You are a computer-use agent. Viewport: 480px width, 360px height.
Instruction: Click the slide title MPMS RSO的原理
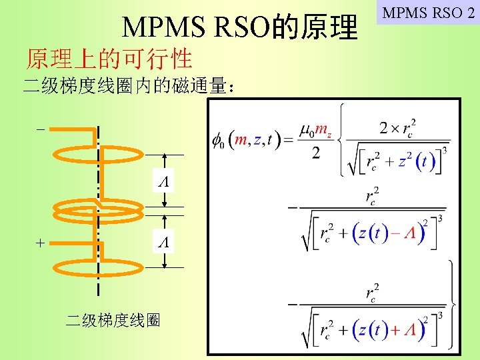coord(240,27)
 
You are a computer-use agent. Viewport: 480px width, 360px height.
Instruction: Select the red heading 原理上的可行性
coord(109,59)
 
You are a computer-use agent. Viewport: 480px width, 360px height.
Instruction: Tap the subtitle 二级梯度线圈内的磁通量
coord(127,87)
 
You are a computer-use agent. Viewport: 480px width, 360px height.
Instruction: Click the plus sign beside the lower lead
coord(41,244)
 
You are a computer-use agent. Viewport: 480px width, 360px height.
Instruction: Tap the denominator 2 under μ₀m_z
coord(315,153)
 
